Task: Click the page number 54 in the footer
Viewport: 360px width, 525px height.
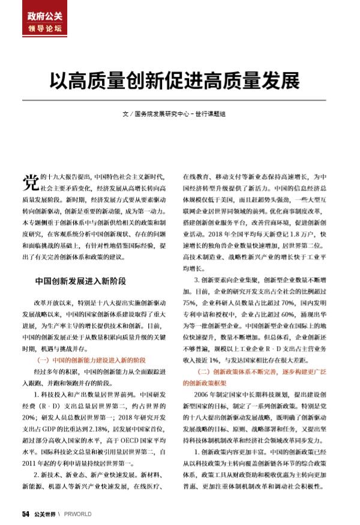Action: coord(25,514)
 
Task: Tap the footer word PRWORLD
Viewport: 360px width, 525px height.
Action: coord(79,514)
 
